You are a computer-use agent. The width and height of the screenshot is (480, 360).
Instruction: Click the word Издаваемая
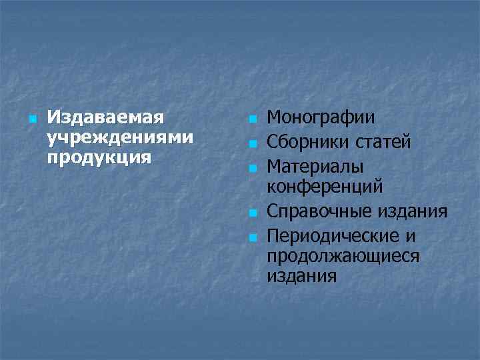point(105,119)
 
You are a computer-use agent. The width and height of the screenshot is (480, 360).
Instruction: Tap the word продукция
point(99,159)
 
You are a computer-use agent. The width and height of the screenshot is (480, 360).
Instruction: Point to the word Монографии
point(321,118)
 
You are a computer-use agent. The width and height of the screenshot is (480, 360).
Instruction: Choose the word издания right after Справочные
point(413,212)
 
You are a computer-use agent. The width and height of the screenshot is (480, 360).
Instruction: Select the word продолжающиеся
point(343,255)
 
